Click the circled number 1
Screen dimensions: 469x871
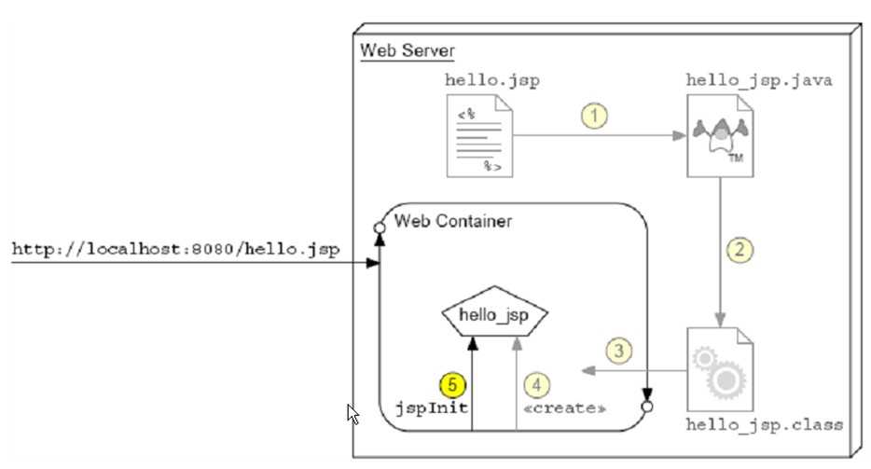coord(594,117)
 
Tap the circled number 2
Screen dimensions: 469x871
coord(739,250)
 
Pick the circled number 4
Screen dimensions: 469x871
coord(534,383)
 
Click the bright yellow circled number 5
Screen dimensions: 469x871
coord(451,383)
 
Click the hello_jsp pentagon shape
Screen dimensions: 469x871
coord(492,316)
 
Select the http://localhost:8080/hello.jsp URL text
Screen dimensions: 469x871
coord(174,250)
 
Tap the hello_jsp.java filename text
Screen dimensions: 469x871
coord(759,79)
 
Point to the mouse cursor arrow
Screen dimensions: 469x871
coord(353,412)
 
